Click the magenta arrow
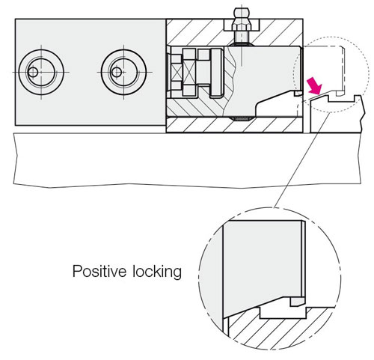click(316, 86)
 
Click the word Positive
click(99, 271)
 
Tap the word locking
click(157, 272)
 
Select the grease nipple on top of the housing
click(242, 25)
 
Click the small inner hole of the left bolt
click(33, 73)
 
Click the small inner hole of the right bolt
click(117, 73)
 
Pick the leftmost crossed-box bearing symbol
click(177, 73)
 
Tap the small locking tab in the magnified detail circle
click(298, 302)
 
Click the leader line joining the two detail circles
click(302, 160)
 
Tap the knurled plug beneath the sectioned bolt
click(242, 118)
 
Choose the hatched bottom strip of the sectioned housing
click(234, 125)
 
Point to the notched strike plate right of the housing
click(337, 114)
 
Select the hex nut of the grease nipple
click(242, 25)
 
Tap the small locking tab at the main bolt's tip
click(298, 94)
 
